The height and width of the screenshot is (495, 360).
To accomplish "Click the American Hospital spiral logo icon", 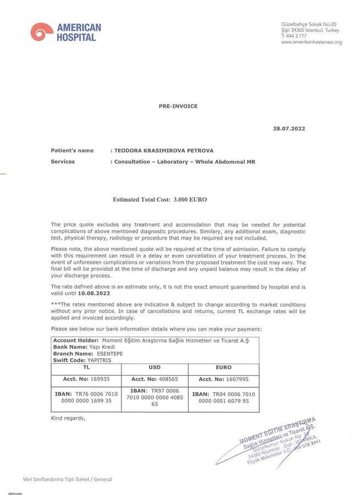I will pos(41,32).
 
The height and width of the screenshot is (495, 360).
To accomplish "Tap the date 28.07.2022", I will pos(289,129).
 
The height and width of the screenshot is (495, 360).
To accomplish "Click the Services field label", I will pos(63,162).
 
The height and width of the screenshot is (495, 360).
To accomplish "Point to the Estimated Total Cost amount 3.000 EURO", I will pos(190,199).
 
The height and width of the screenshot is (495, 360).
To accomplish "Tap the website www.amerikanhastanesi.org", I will pos(311,42).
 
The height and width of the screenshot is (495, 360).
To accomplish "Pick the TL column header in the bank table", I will pos(86,366).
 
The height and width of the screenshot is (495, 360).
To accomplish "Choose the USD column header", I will pos(154,366).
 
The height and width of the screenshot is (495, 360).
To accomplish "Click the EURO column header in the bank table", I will pos(224,366).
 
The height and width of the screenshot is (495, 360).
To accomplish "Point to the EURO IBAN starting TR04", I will pos(224,397).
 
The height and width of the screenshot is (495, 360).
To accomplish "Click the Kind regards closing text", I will pos(68,418).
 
